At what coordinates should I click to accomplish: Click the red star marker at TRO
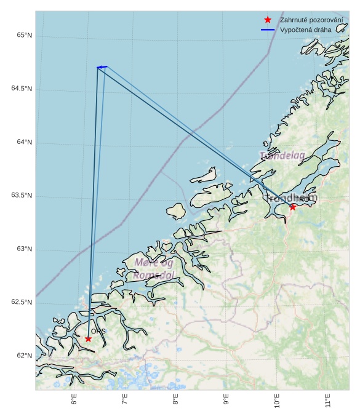pos(293,207)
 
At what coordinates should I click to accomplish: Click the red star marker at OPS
pos(89,338)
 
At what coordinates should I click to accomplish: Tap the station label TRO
pos(302,199)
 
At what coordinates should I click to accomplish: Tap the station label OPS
pos(98,332)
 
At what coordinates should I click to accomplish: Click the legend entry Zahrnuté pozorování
pos(311,20)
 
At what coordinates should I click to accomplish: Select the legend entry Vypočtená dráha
pos(305,30)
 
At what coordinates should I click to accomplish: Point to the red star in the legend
pos(268,20)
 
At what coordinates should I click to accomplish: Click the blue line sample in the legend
pos(268,30)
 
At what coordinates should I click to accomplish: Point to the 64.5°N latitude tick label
pos(22,89)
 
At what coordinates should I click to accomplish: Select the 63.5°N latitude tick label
pos(22,196)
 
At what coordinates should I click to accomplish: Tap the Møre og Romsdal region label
pos(154,269)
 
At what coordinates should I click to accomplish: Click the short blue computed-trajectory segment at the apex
pos(102,66)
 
